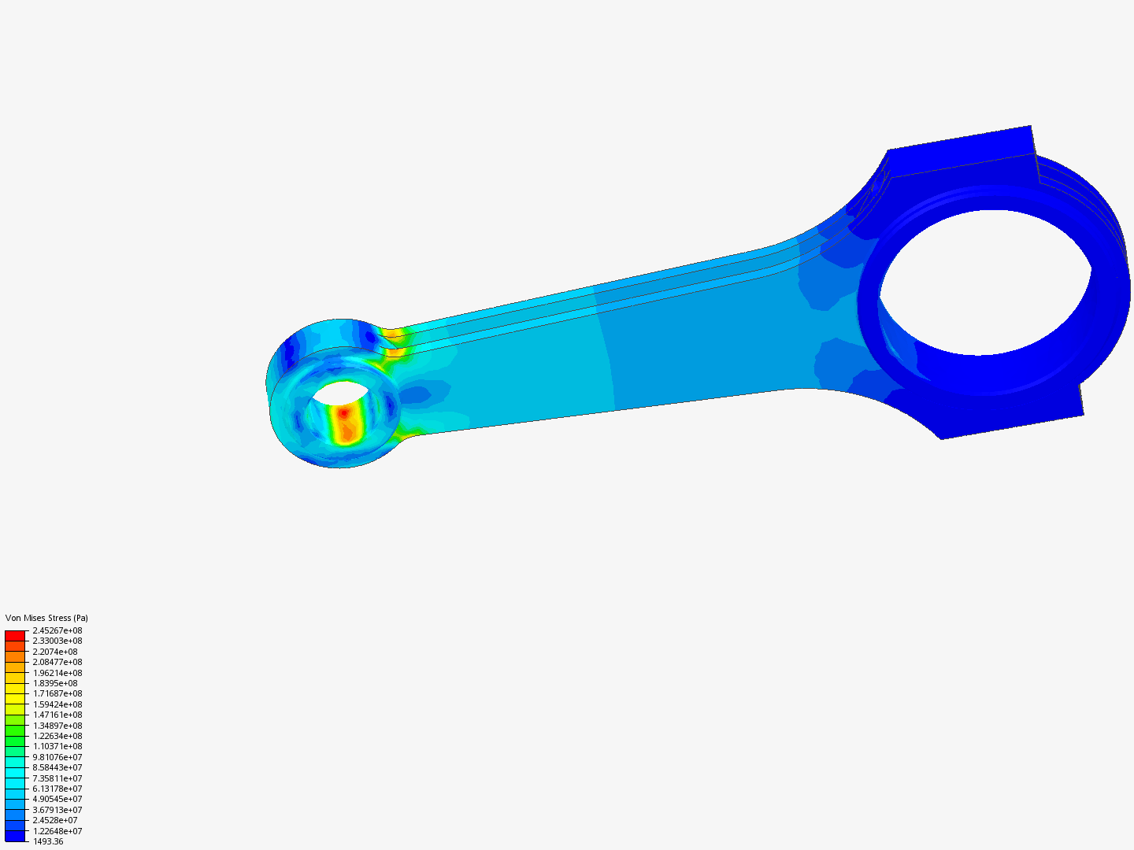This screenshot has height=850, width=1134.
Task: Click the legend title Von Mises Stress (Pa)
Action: click(x=46, y=618)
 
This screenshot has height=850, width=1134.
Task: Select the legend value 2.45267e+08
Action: click(x=57, y=630)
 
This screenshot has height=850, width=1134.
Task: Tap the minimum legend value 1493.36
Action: click(x=48, y=841)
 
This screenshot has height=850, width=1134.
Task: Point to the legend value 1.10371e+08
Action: click(x=57, y=746)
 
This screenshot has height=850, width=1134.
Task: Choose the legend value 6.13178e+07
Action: click(x=57, y=789)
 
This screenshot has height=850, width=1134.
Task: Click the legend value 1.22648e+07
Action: click(x=57, y=831)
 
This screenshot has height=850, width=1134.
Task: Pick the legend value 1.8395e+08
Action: click(x=55, y=683)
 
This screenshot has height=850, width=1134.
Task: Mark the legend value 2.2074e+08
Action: click(x=55, y=652)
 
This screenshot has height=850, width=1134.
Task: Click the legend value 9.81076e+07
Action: click(x=57, y=757)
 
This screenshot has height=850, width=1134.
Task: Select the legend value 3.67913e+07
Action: click(x=57, y=810)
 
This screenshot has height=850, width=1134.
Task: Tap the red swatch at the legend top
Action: click(x=15, y=635)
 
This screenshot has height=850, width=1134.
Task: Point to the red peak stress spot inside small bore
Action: click(x=343, y=412)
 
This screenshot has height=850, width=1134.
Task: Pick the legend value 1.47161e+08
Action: click(x=57, y=715)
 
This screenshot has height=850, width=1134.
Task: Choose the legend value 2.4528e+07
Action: click(x=55, y=820)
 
